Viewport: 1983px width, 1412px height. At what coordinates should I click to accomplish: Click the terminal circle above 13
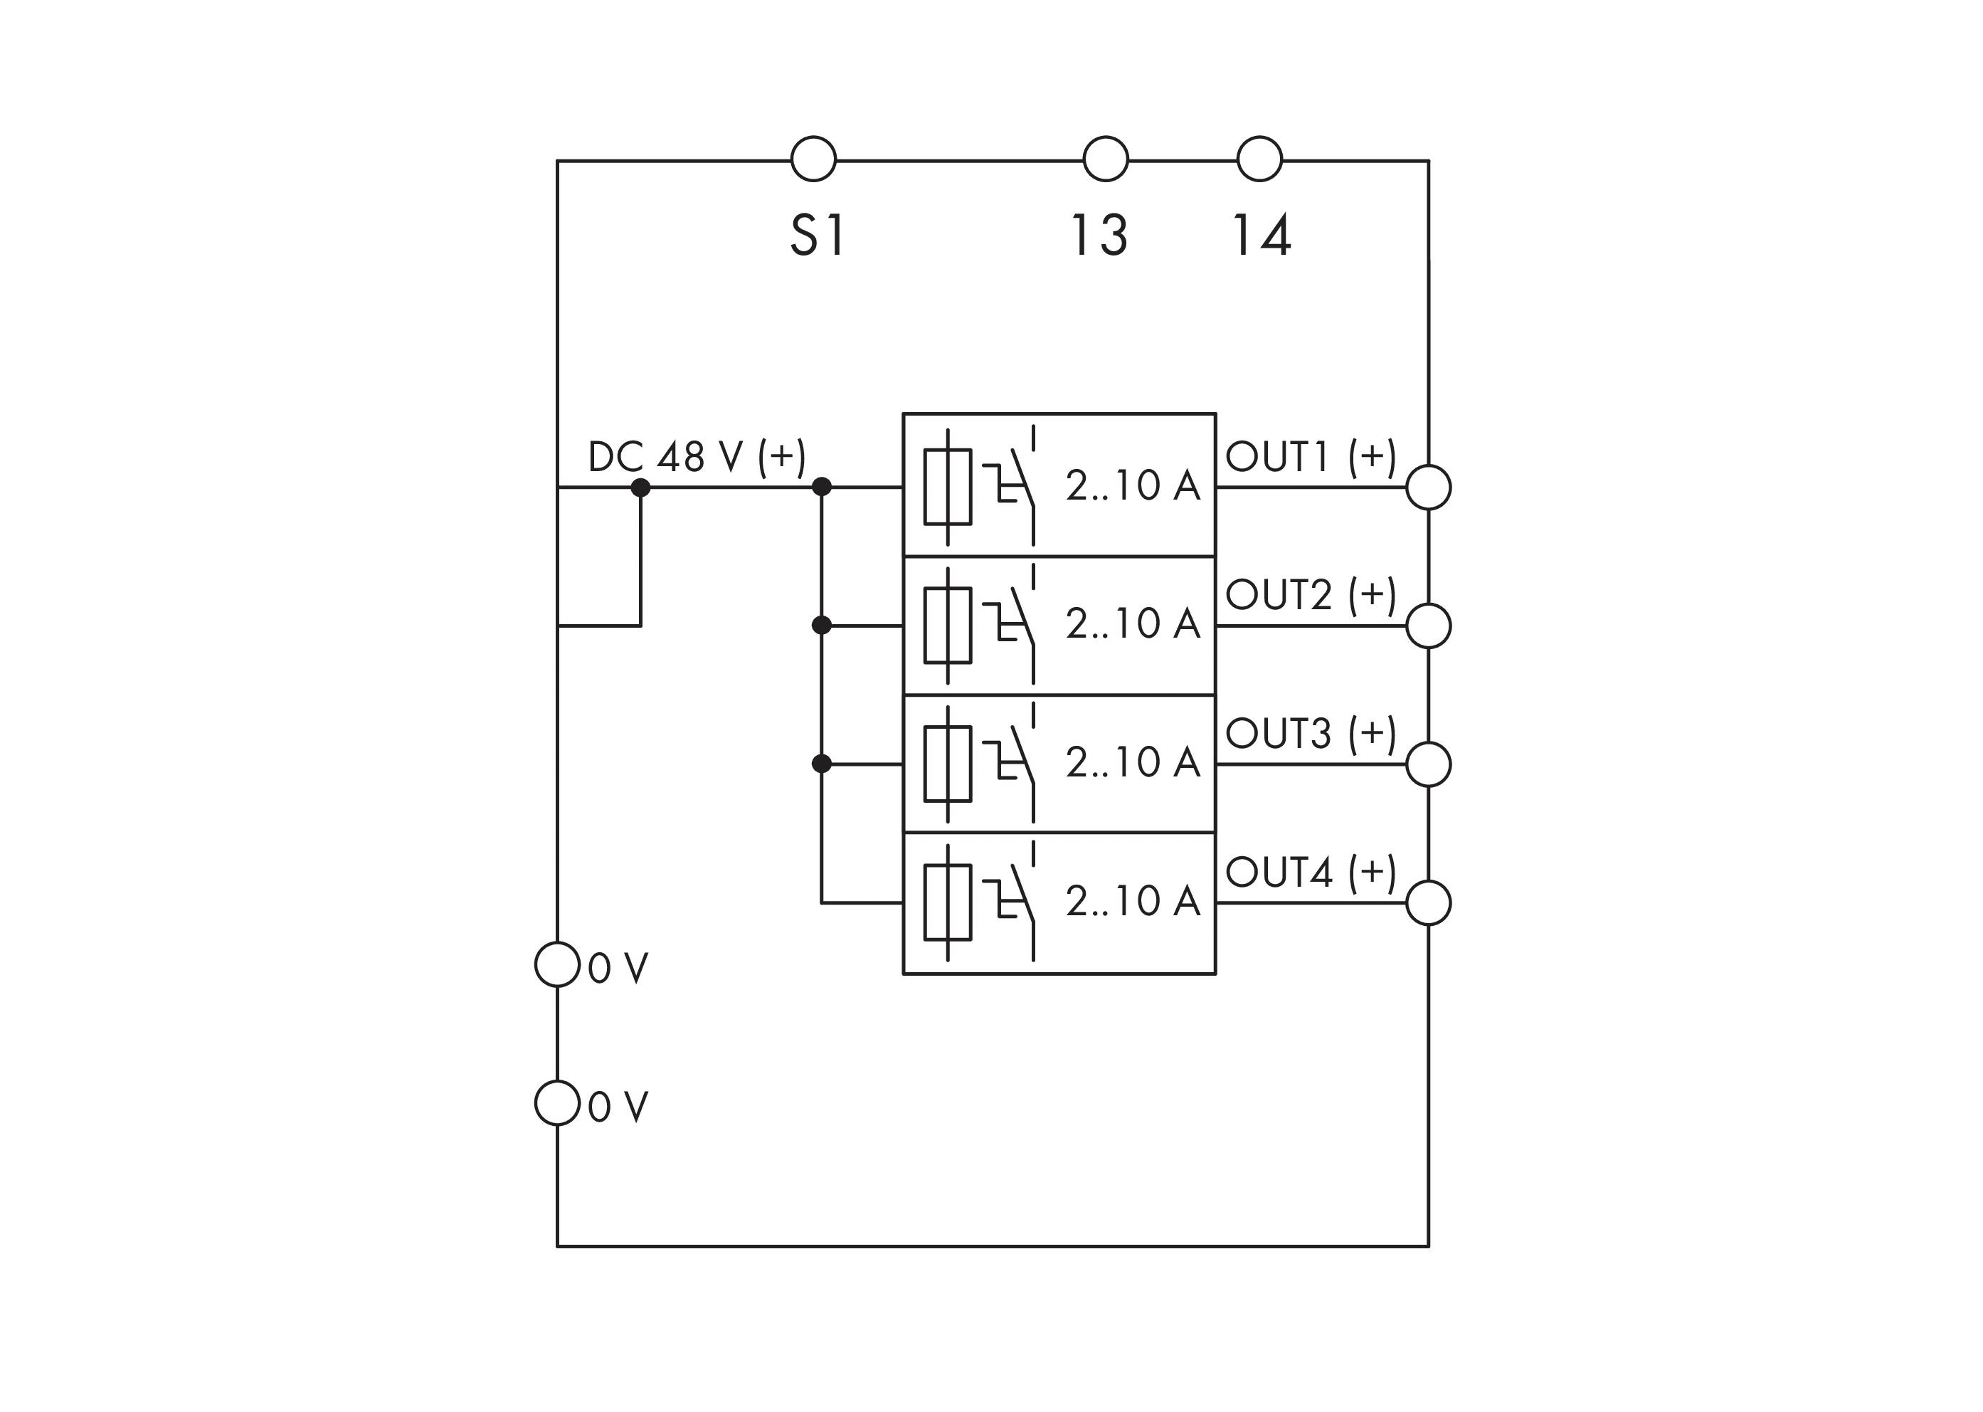tap(1105, 159)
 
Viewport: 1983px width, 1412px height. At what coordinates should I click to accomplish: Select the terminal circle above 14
tap(1259, 159)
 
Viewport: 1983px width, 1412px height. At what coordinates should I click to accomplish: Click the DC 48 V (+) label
tap(697, 456)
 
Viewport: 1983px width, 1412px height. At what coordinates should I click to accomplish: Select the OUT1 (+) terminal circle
tap(1428, 487)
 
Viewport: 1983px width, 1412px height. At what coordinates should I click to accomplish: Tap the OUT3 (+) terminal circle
tap(1428, 764)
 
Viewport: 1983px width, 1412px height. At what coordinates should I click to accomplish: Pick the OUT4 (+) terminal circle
tap(1428, 902)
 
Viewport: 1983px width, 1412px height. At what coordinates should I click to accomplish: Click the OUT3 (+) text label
tap(1310, 734)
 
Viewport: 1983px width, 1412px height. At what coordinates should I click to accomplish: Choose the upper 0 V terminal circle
tap(557, 964)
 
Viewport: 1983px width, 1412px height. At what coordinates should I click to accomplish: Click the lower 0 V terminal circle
tap(557, 1103)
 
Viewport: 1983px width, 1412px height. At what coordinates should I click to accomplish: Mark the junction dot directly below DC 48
tap(640, 488)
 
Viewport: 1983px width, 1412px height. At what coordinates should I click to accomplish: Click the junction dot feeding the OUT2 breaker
tap(822, 625)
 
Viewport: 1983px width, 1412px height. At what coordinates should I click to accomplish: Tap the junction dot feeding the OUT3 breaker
tap(822, 764)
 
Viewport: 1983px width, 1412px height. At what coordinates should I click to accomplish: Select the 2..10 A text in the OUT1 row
tap(1133, 485)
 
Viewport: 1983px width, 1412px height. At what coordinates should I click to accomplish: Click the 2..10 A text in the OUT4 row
tap(1133, 901)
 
